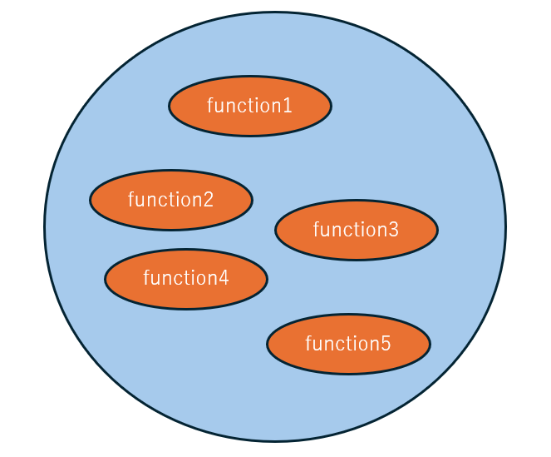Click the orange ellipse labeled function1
point(250,106)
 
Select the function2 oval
point(171,200)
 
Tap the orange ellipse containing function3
point(357,230)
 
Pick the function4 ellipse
point(186,279)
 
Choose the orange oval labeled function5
point(348,344)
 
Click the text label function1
point(249,105)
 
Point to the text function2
point(170,199)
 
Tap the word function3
point(356,229)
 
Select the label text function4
point(186,278)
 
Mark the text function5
point(348,343)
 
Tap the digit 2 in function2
point(209,200)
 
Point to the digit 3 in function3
point(394,230)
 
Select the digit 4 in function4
point(224,279)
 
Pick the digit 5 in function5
point(386,344)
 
